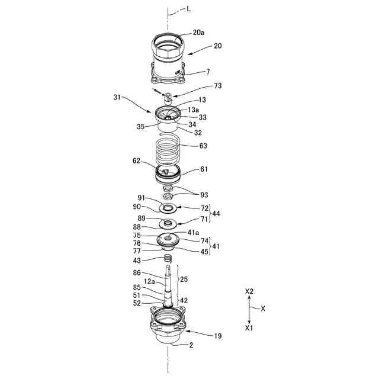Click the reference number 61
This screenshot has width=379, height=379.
pyautogui.click(x=204, y=169)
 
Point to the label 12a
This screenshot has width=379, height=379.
pyautogui.click(x=148, y=281)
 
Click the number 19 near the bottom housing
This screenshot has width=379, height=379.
pyautogui.click(x=217, y=336)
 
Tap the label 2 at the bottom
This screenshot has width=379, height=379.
pyautogui.click(x=191, y=344)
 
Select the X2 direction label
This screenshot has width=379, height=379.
pyautogui.click(x=249, y=292)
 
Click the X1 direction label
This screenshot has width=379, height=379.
pyautogui.click(x=249, y=327)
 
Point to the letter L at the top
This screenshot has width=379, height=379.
pyautogui.click(x=189, y=9)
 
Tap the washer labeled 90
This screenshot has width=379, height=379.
pyautogui.click(x=169, y=208)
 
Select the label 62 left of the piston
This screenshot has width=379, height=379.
pyautogui.click(x=136, y=160)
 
